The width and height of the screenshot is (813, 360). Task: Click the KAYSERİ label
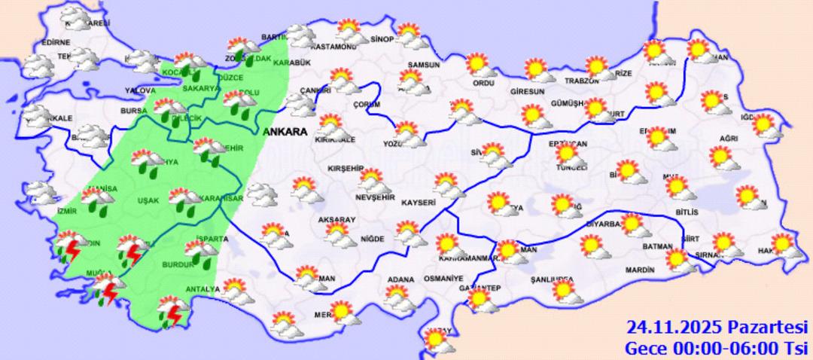419,203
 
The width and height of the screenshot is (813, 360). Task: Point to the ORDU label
482,84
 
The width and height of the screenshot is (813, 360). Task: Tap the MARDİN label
642,270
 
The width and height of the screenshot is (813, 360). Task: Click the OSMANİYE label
443,279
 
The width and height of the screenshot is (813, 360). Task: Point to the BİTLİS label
687,213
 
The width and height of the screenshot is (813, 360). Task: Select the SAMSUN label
423,66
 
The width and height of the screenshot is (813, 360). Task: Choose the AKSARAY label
336,219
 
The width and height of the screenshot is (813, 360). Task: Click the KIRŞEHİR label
346,169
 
